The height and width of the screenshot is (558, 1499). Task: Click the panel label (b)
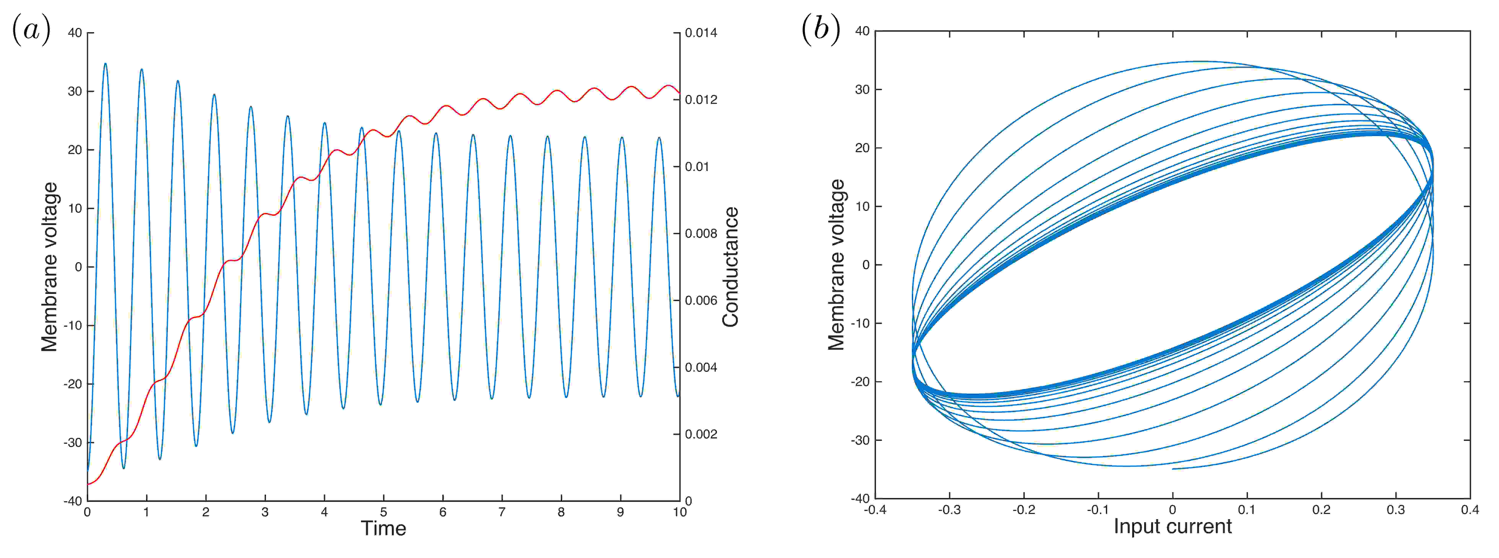coord(820,29)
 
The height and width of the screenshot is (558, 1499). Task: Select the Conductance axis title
coord(730,267)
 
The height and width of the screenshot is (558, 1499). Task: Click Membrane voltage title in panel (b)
coord(836,265)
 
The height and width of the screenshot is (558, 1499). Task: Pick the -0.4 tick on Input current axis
coord(875,510)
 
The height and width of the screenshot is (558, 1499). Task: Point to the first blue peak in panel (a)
coord(105,64)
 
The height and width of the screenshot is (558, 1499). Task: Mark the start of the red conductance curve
coord(88,484)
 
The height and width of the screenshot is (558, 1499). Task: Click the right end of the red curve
coord(679,93)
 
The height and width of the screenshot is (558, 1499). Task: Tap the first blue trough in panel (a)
coord(123,468)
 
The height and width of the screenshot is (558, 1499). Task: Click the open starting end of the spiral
coord(1173,469)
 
